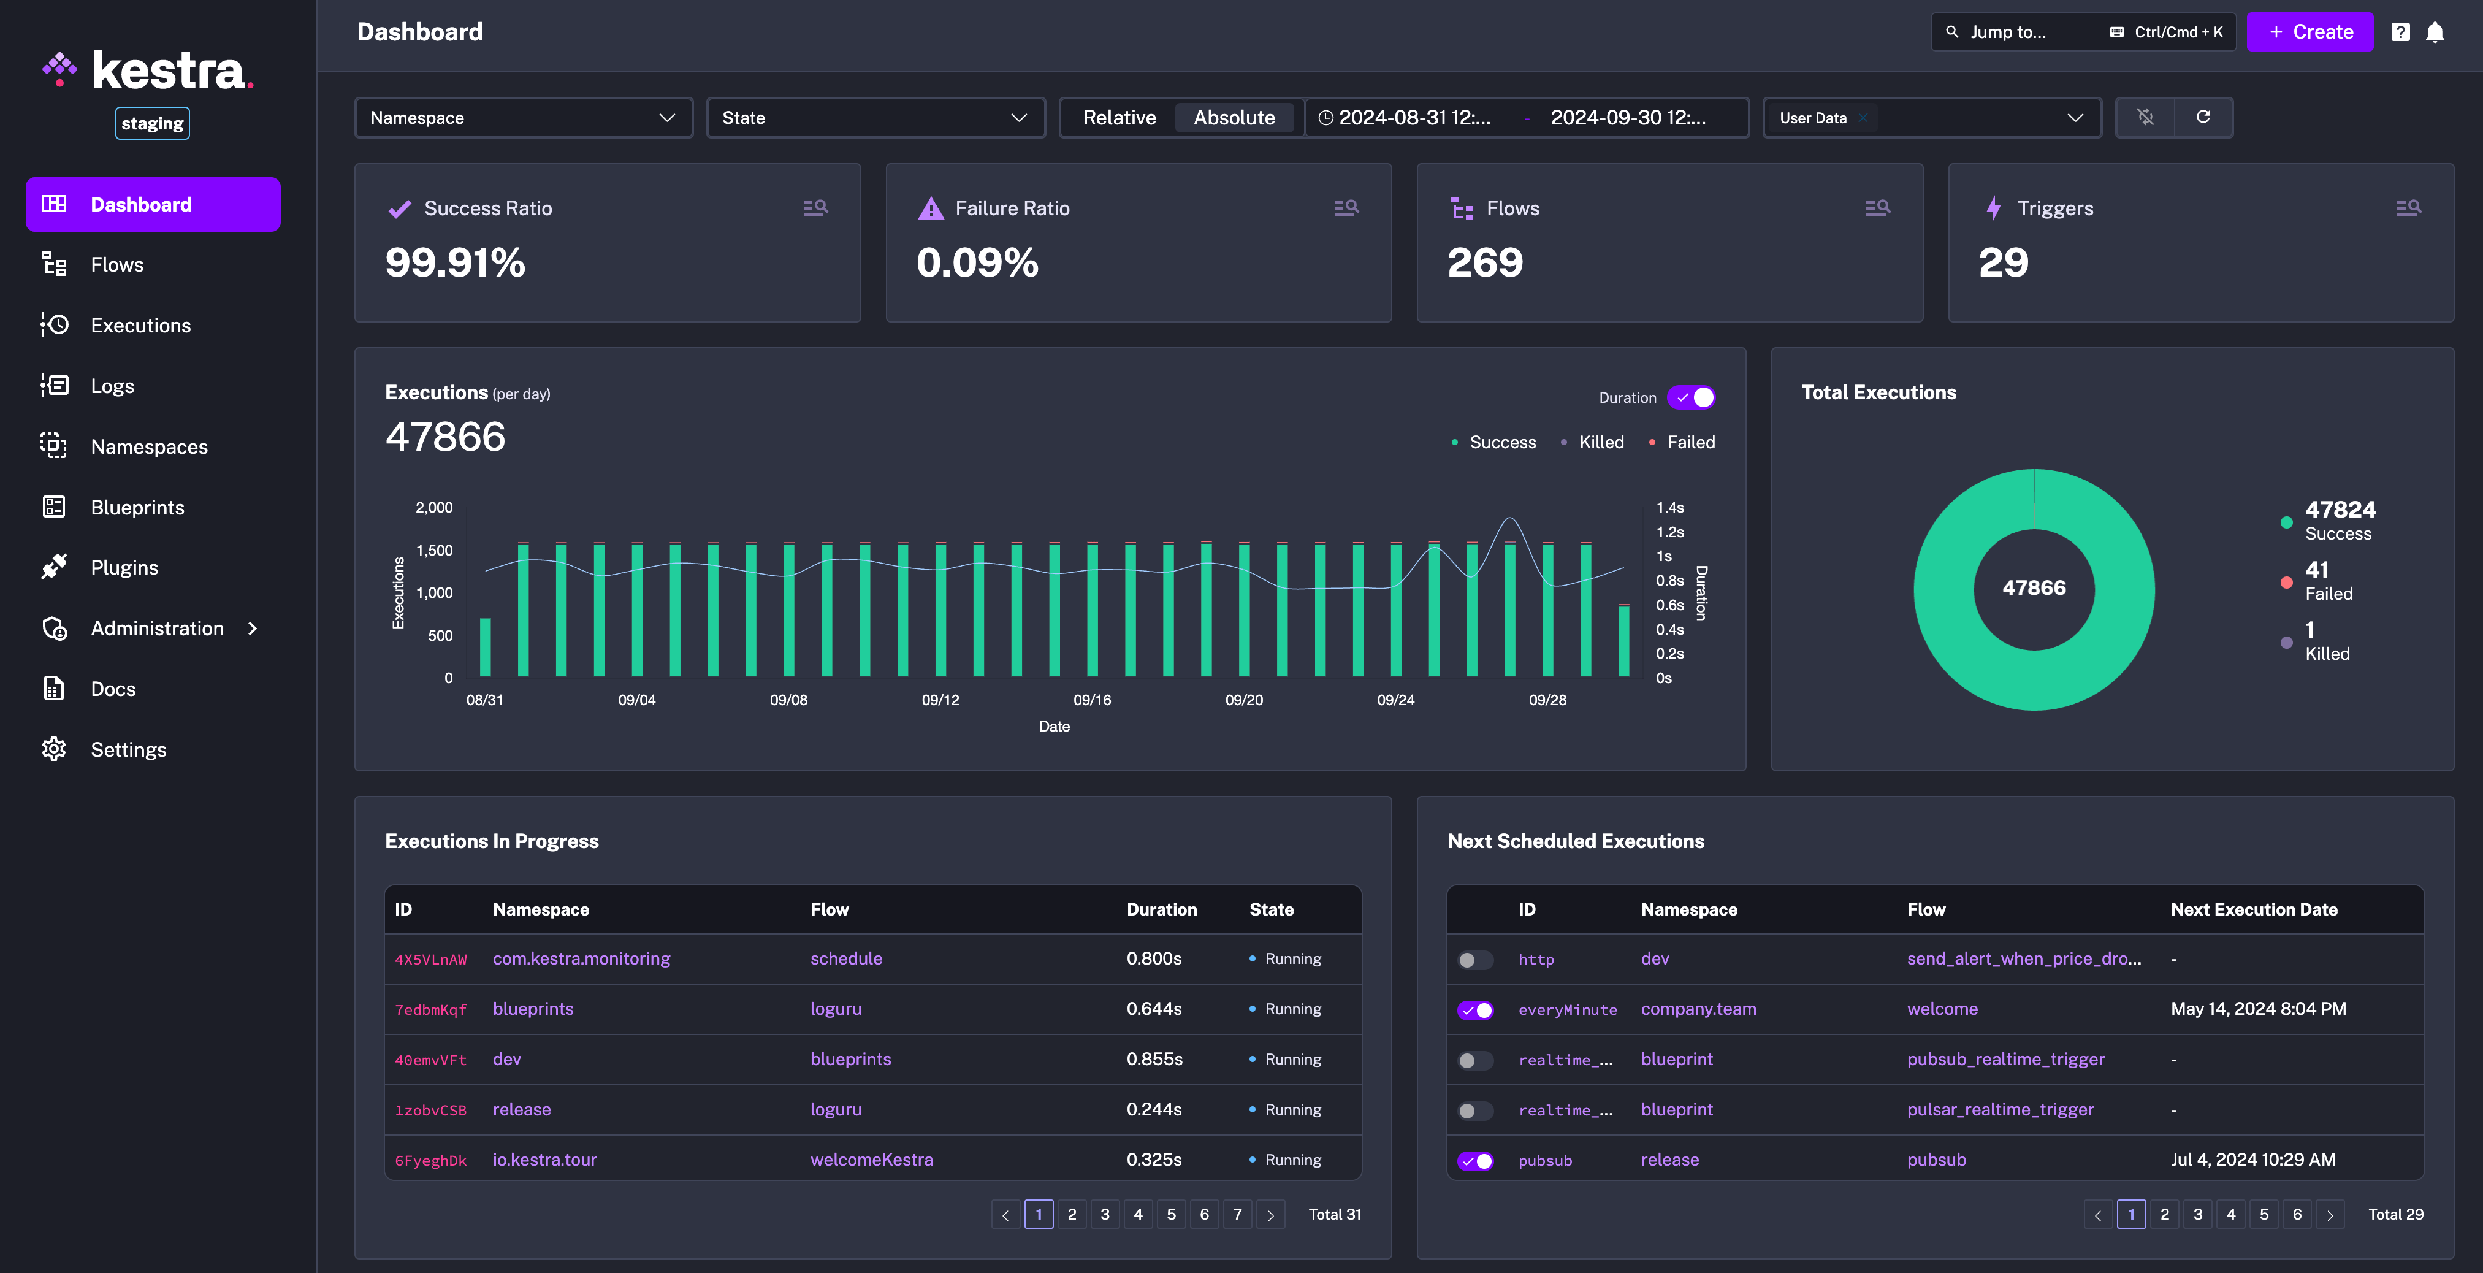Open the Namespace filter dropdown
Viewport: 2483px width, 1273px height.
[x=524, y=118]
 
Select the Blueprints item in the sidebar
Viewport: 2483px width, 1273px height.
[x=137, y=507]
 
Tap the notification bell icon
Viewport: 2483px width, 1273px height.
[x=2435, y=32]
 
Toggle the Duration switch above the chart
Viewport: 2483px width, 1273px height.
[x=1692, y=397]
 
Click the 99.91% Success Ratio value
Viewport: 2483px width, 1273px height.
[x=455, y=262]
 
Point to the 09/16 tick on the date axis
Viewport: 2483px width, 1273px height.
[x=1092, y=700]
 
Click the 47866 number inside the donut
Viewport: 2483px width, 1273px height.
[x=2034, y=588]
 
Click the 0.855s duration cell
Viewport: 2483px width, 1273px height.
[x=1154, y=1059]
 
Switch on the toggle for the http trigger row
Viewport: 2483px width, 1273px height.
[x=1474, y=960]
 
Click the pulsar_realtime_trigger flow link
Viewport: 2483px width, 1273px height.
[x=2000, y=1110]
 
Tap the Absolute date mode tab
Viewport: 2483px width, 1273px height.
[x=1234, y=118]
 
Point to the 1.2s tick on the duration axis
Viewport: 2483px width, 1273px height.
[x=1669, y=532]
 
